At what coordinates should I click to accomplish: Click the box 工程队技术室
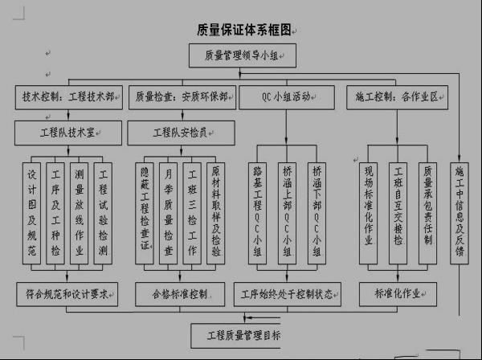coord(68,130)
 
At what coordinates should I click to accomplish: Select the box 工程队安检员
coord(182,130)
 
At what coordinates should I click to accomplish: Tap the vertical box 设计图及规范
coord(33,211)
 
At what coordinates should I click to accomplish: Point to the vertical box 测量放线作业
coord(80,211)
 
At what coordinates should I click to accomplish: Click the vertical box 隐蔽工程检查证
coord(146,211)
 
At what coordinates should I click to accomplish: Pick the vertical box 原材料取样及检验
coord(216,211)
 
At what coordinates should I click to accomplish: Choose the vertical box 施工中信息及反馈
coord(460,211)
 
